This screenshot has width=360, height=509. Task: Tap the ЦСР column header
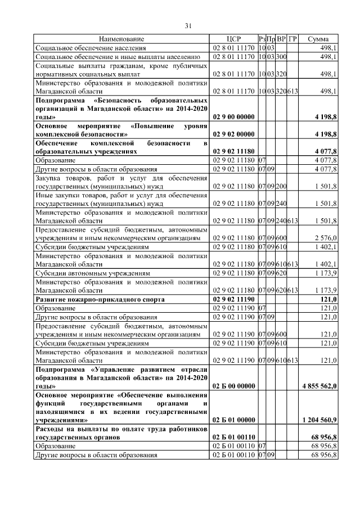tap(233, 39)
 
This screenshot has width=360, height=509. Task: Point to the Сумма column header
tap(318, 39)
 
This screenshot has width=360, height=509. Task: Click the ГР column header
tap(292, 39)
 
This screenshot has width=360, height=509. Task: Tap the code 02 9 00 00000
tap(233, 116)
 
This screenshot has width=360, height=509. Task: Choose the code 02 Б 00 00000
tap(233, 386)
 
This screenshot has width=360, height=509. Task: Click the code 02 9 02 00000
tap(233, 135)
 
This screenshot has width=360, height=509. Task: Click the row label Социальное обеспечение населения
tap(88, 48)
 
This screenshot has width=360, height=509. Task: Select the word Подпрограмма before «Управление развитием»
tap(59, 369)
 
